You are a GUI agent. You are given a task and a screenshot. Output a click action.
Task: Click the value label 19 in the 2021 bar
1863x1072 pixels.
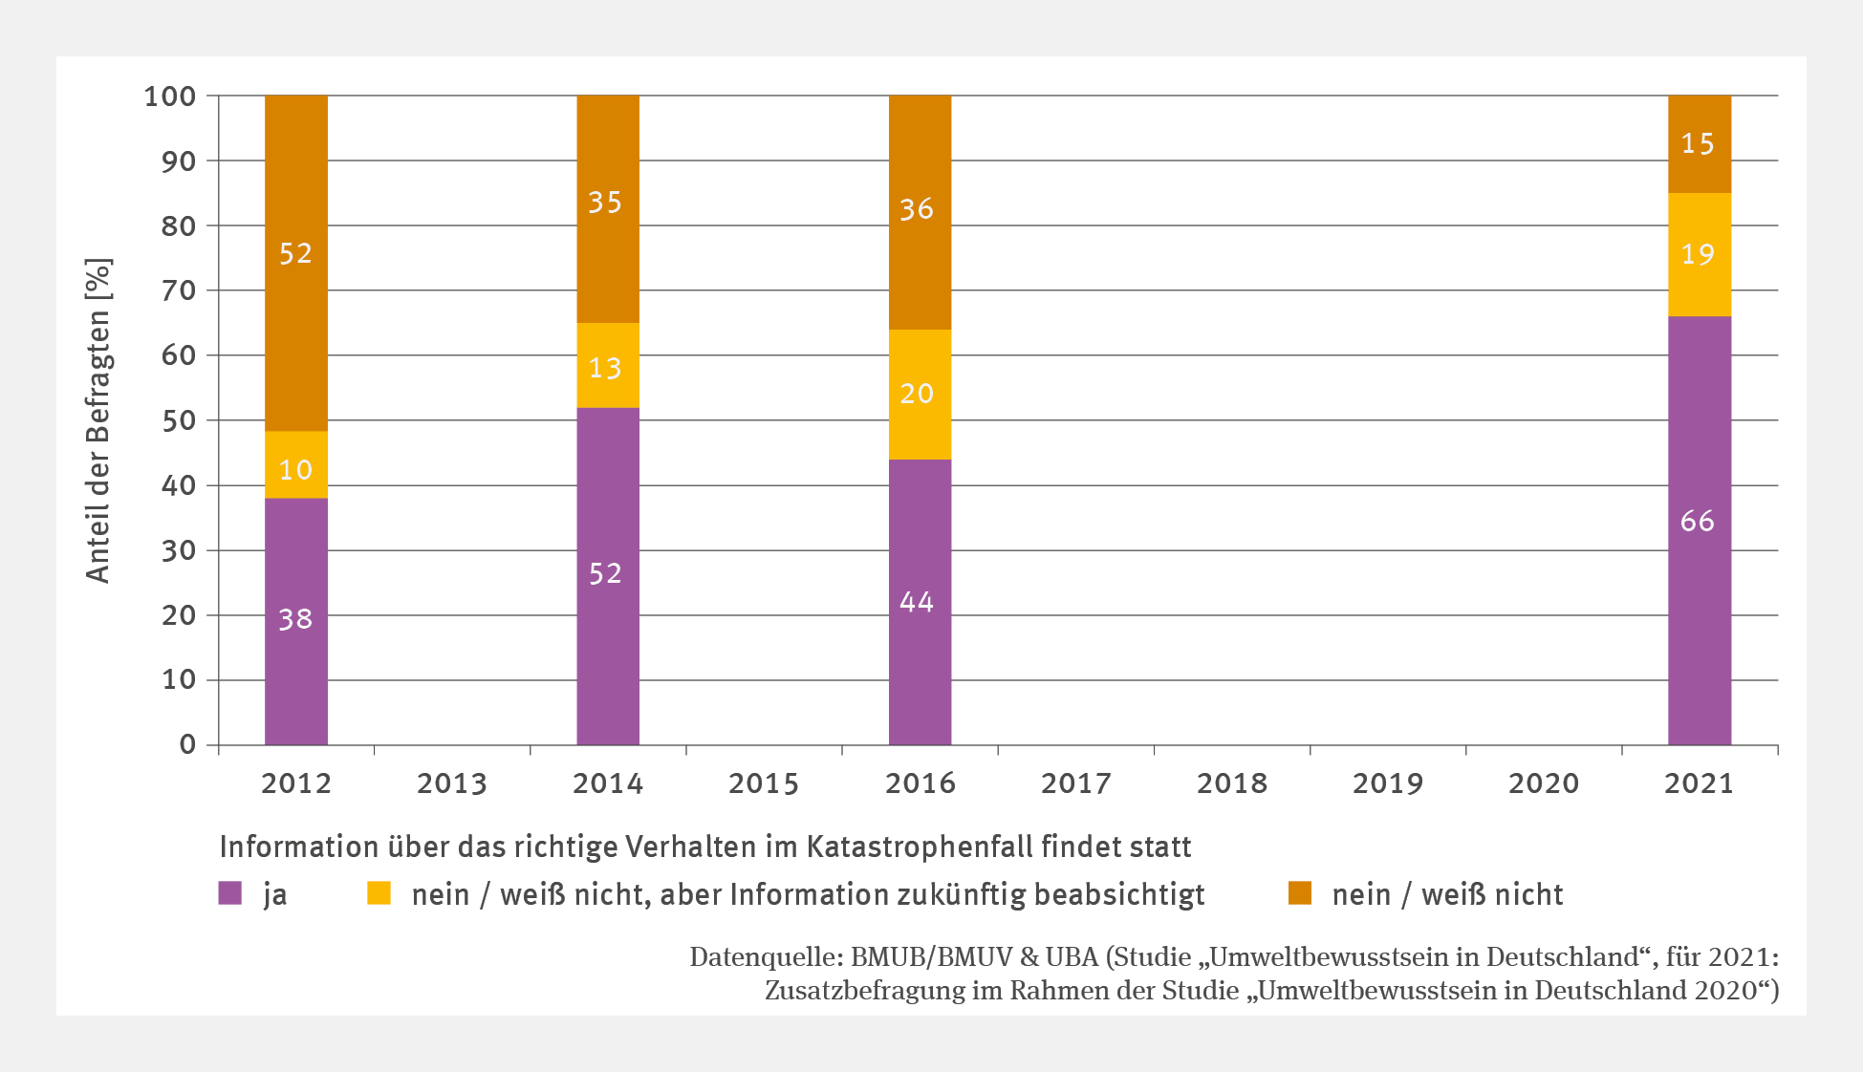tap(1698, 254)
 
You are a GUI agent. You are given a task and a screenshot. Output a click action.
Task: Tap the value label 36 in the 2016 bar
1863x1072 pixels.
tap(917, 209)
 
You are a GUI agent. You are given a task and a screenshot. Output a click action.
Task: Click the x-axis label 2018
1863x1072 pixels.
tap(1231, 783)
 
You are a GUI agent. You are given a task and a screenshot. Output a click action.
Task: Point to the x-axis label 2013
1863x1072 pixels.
tap(451, 783)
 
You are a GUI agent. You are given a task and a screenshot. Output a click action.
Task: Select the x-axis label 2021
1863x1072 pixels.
tap(1699, 783)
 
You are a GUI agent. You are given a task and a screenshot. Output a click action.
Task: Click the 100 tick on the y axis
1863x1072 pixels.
tap(170, 96)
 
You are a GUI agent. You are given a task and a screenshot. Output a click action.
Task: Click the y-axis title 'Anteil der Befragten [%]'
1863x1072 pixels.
tap(98, 420)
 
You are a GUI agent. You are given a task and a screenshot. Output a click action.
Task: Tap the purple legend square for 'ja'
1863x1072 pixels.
tap(230, 893)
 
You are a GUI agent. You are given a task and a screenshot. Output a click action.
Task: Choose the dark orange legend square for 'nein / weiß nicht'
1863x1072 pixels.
tap(1299, 893)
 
